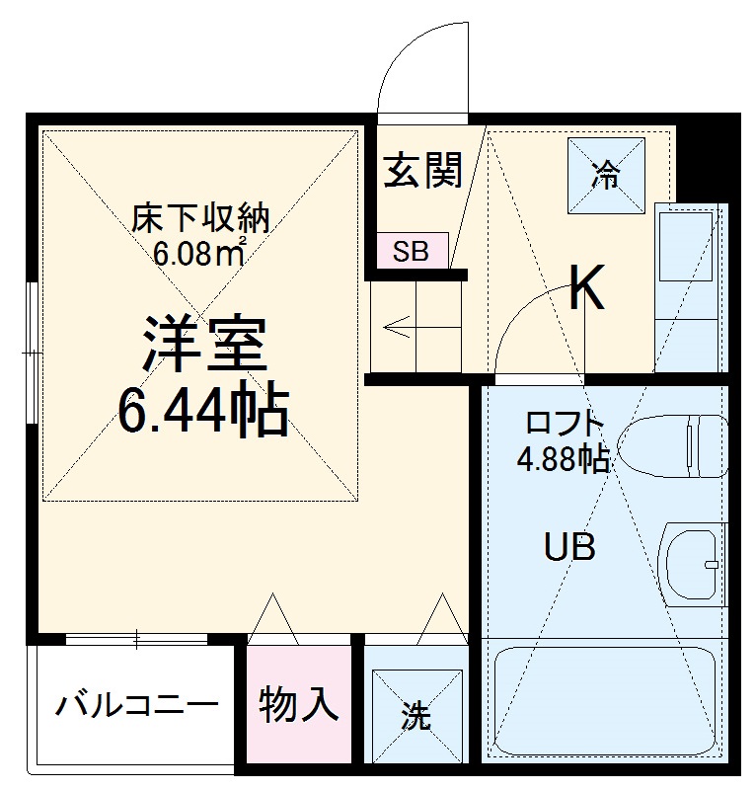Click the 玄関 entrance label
tap(423, 173)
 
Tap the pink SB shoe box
tap(412, 251)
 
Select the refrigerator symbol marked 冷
tap(605, 176)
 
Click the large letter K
tap(588, 289)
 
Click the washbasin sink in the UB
tap(695, 563)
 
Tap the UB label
tap(569, 546)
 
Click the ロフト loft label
tap(564, 425)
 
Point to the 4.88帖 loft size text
tap(564, 459)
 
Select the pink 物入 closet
tap(298, 704)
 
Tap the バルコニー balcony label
tap(136, 706)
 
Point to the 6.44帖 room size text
tap(204, 413)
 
